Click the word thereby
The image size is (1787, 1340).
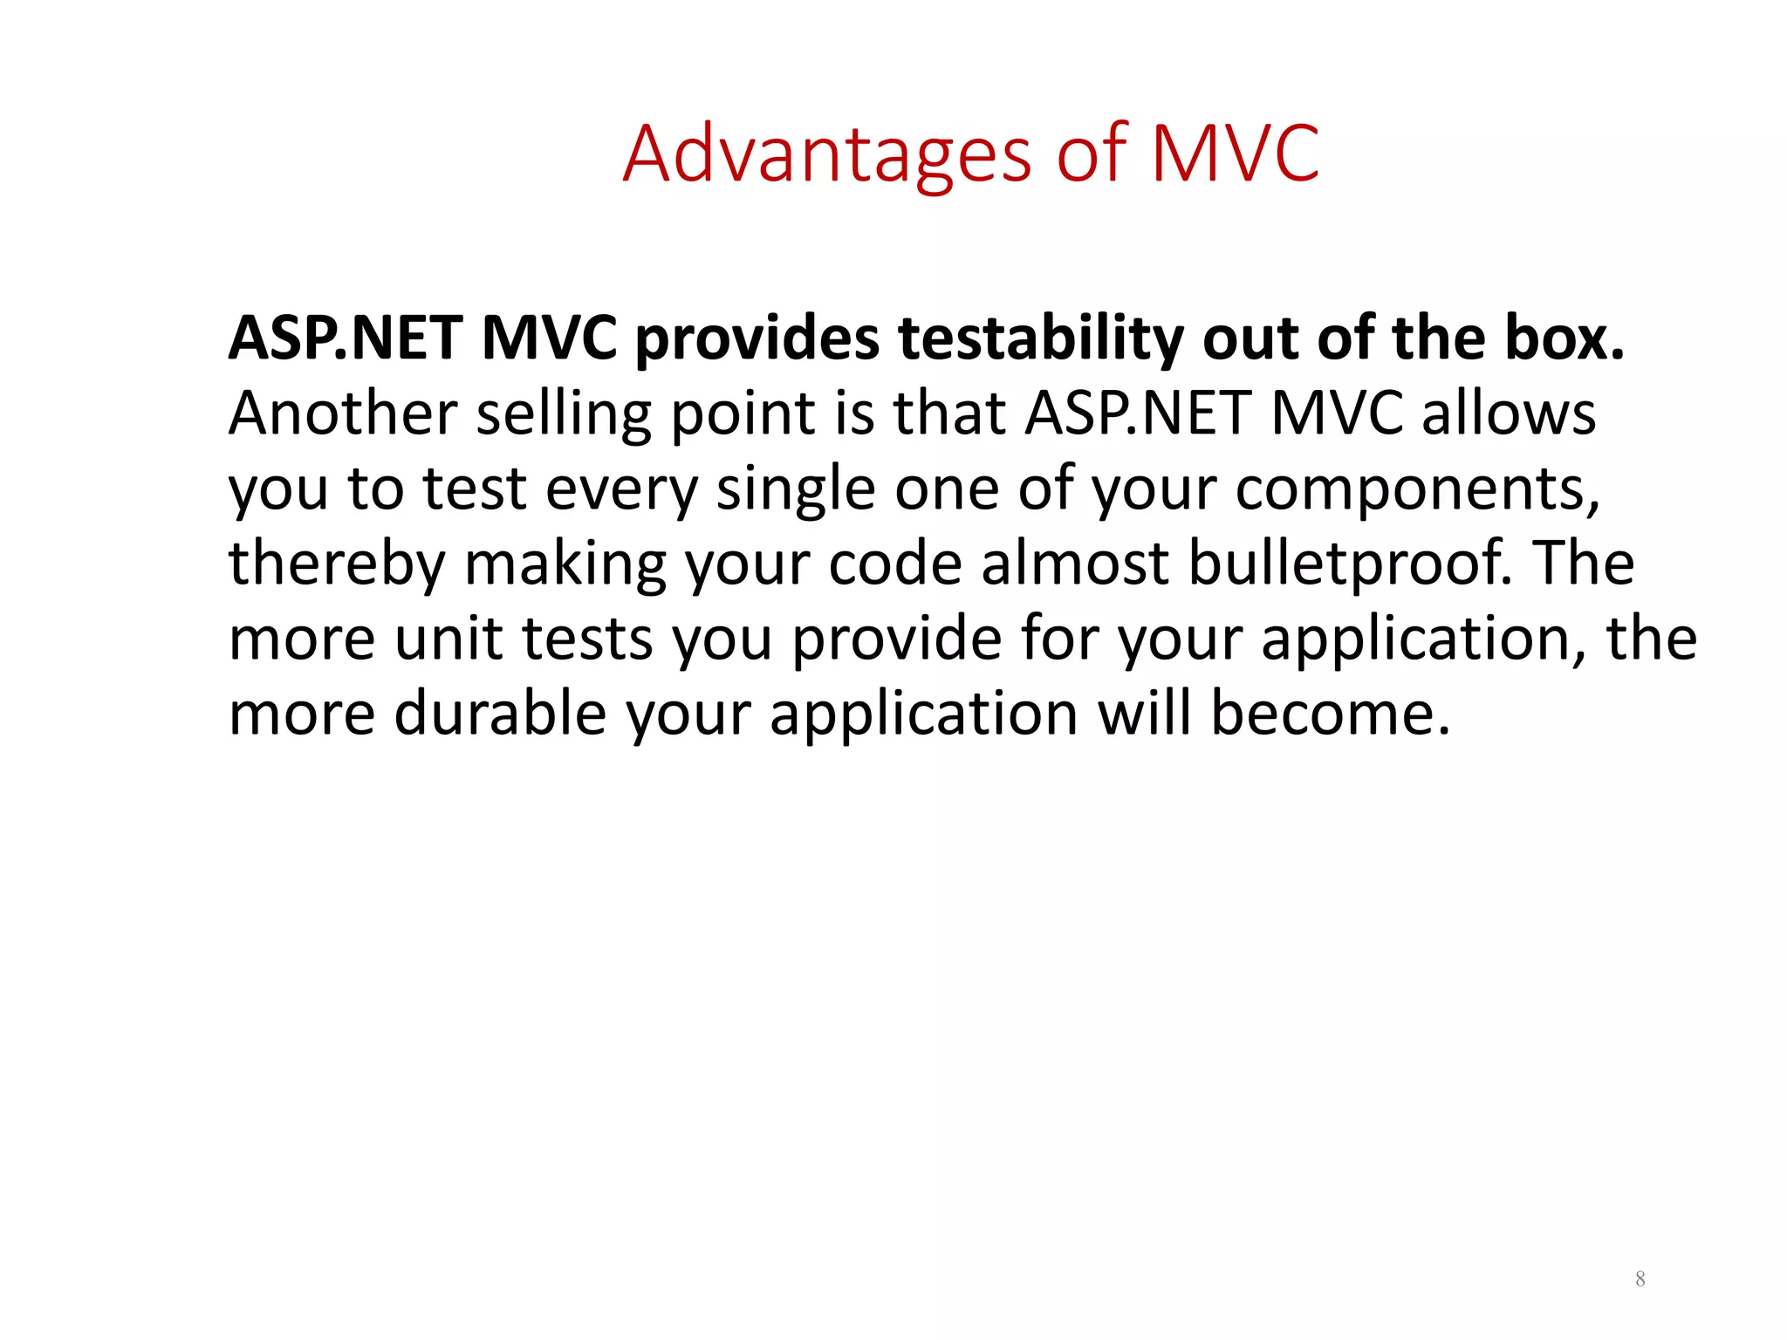[x=336, y=564]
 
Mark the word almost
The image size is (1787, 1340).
[x=1074, y=563]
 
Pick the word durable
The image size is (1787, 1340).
[x=500, y=714]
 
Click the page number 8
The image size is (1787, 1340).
[x=1640, y=1280]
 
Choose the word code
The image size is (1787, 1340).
[x=894, y=563]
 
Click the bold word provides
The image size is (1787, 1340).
[x=757, y=338]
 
